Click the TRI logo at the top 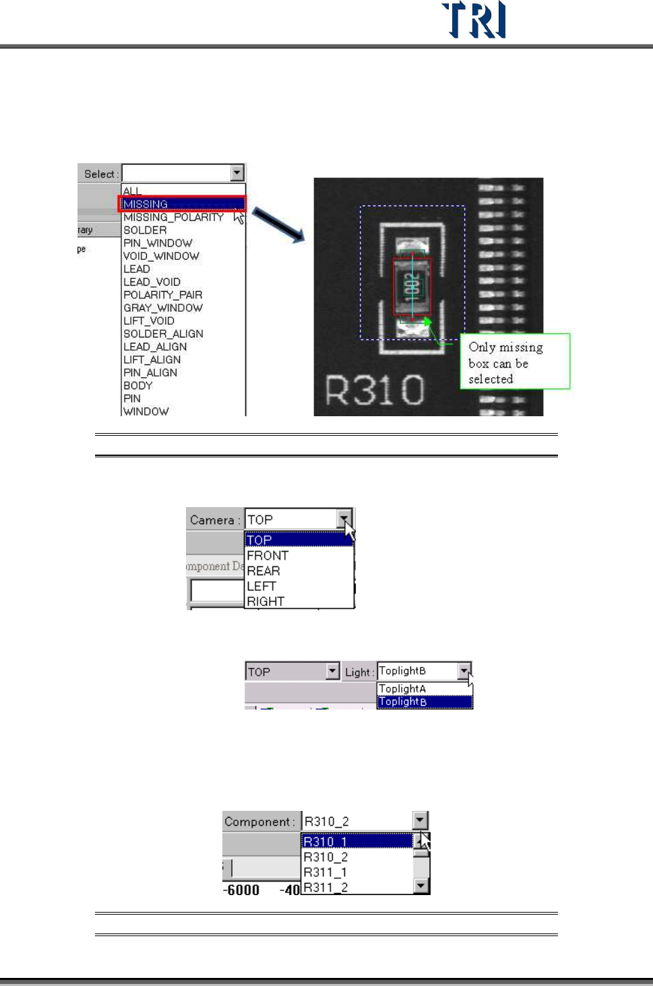point(474,20)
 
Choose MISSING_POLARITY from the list point(174,217)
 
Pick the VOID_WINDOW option point(162,256)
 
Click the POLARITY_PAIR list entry point(163,295)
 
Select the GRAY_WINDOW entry point(163,308)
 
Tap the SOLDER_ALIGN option point(163,334)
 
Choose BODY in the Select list point(138,386)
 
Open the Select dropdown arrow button point(237,173)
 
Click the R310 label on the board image point(375,391)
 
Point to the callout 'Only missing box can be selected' point(515,362)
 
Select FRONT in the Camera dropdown point(268,556)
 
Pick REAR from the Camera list point(263,571)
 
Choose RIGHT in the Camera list point(266,601)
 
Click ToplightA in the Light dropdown point(403,688)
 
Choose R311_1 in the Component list point(325,872)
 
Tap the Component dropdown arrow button point(421,820)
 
